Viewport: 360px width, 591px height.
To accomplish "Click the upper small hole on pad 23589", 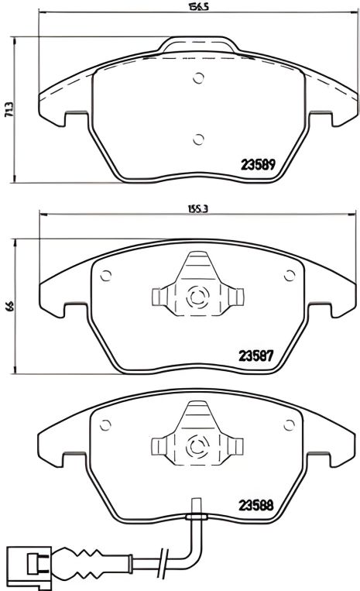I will (197, 77).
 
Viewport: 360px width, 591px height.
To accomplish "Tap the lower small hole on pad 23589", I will (197, 139).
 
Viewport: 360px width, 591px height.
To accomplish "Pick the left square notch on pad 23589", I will (77, 116).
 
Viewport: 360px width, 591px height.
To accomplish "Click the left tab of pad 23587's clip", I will (159, 296).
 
